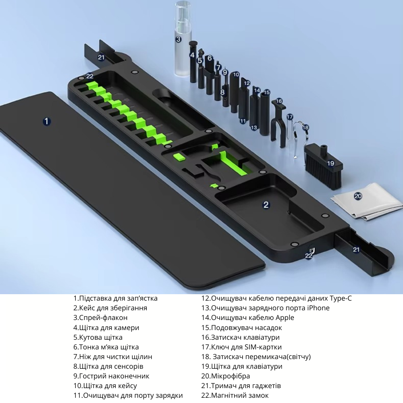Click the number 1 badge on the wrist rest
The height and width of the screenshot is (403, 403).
point(46,121)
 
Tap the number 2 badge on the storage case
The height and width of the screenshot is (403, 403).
point(266,205)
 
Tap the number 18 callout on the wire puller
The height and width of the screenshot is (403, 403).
point(305,127)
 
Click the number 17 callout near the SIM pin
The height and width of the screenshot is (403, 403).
point(290,117)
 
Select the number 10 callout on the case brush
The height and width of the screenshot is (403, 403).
point(236,75)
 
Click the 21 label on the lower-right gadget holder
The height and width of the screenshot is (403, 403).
point(356,249)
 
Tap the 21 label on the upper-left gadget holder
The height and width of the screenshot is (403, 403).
point(101,57)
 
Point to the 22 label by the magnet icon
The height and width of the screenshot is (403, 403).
point(308,256)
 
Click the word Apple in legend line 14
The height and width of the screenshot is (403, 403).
point(285,318)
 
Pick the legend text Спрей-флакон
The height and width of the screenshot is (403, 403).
point(103,318)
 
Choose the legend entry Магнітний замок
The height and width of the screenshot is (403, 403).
point(239,395)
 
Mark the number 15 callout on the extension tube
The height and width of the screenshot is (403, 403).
point(267,92)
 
